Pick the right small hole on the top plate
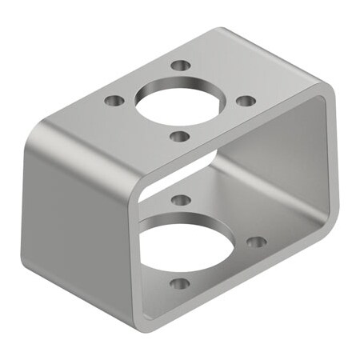point(246,101)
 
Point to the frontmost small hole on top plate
point(179,136)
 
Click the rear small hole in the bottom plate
point(181,199)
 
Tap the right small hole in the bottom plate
point(255,241)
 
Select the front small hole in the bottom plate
point(181,283)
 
